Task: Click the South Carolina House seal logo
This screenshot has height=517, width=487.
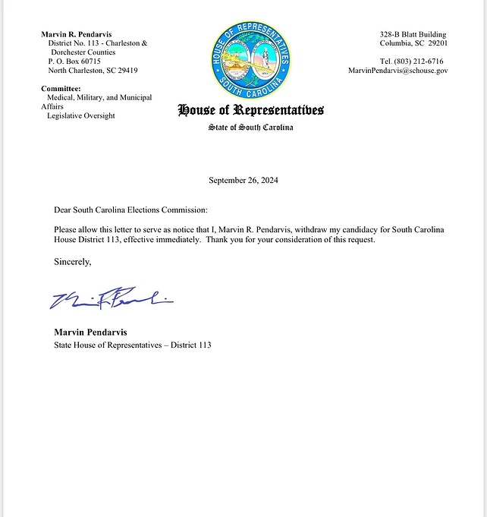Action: click(250, 55)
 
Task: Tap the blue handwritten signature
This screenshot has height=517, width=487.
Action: click(111, 300)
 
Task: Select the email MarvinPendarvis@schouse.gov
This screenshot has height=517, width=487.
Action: click(397, 70)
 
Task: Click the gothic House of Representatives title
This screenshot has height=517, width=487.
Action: click(250, 111)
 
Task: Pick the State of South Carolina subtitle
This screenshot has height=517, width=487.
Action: click(250, 128)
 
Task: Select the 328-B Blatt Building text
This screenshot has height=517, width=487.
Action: click(413, 34)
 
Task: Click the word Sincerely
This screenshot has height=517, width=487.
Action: click(72, 262)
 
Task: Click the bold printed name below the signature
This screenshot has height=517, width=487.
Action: click(91, 332)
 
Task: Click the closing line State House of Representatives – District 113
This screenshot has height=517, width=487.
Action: click(132, 345)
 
